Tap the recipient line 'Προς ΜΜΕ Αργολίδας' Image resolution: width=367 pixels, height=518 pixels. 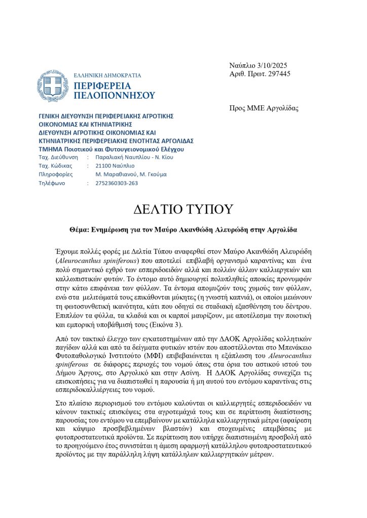coord(264,108)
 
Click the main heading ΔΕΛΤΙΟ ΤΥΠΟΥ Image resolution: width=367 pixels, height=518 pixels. coord(183,209)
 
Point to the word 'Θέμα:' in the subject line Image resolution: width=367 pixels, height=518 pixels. coord(80,229)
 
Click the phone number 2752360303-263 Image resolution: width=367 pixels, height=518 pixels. coord(116,183)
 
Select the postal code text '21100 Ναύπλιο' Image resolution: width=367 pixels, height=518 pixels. coord(115,165)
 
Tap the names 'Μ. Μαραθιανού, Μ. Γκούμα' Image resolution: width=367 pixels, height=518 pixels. coord(131,175)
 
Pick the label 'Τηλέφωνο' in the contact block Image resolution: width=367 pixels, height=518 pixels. coord(52,183)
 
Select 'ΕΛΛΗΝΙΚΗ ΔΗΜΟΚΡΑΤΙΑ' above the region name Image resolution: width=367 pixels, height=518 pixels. coord(107,75)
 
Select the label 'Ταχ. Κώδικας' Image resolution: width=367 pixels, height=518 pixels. coord(55,165)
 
